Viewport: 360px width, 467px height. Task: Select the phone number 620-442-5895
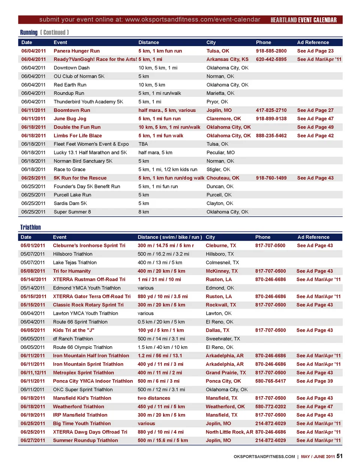click(271, 59)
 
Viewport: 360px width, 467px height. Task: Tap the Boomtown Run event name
click(72, 110)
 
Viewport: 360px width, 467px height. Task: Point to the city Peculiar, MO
click(220, 153)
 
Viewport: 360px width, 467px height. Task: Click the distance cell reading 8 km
click(144, 212)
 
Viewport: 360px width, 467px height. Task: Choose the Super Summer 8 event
click(72, 212)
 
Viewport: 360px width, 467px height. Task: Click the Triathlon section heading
click(30, 228)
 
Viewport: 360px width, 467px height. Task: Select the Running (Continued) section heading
click(44, 33)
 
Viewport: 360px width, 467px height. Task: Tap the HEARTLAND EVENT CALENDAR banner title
click(303, 20)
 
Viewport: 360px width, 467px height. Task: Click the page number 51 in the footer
click(339, 456)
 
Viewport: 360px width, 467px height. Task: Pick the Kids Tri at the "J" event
click(73, 330)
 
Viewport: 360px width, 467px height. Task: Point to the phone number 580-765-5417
click(270, 381)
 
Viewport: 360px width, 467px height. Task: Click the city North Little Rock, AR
click(229, 432)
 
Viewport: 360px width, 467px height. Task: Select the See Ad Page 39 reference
click(314, 381)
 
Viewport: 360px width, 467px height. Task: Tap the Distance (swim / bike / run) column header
click(169, 237)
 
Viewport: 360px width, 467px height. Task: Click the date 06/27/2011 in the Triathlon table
click(33, 440)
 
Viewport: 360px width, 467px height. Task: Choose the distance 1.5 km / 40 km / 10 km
click(162, 347)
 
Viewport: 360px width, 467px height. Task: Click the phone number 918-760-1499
click(271, 178)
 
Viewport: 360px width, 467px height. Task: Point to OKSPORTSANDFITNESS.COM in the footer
click(264, 457)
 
